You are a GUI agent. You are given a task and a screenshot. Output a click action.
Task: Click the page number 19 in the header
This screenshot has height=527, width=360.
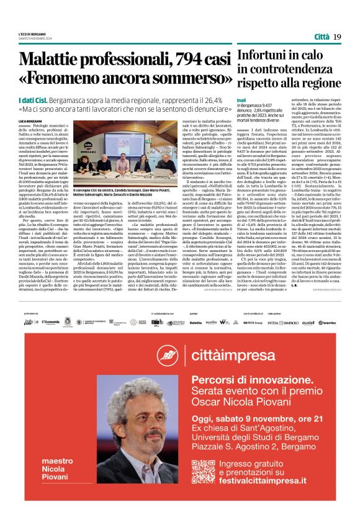click(x=337, y=37)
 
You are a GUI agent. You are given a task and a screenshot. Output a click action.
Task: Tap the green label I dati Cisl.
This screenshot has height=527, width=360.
click(x=32, y=99)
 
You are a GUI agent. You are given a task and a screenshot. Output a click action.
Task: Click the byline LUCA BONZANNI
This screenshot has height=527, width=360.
click(x=29, y=120)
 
